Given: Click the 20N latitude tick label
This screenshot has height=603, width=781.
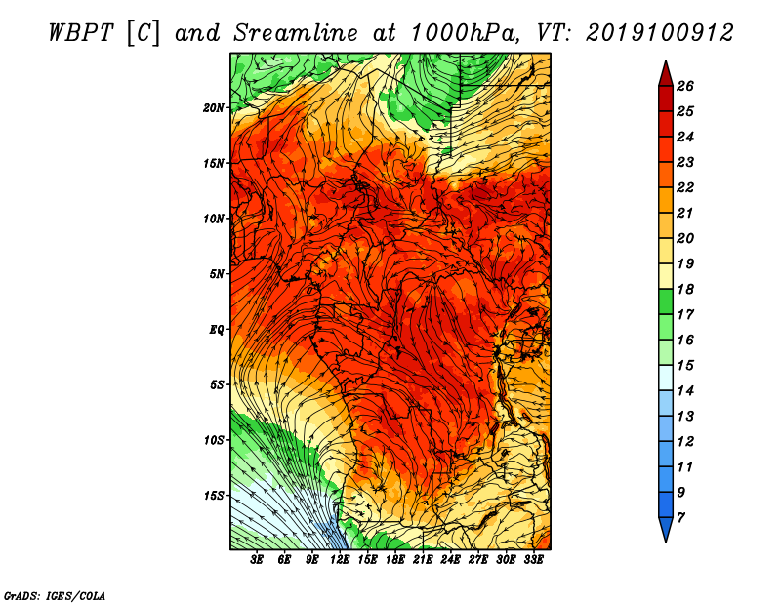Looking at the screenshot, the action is click(214, 108).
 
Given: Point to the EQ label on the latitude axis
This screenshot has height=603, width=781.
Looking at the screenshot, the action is click(216, 330).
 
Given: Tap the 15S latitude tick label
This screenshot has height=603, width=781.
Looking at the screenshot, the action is click(214, 496).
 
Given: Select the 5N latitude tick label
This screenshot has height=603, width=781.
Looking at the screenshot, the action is click(217, 274).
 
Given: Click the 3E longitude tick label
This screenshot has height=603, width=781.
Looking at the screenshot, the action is click(257, 560).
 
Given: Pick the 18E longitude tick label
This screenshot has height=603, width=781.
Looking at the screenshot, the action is click(395, 560).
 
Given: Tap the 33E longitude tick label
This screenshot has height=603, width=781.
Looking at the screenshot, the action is click(533, 560).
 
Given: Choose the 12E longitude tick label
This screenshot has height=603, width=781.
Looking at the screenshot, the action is click(340, 560).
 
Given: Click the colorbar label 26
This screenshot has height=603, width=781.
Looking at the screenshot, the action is click(685, 86).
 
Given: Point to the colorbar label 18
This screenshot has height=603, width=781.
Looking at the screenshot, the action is click(685, 289).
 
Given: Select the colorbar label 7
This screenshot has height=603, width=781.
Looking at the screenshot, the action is click(680, 518).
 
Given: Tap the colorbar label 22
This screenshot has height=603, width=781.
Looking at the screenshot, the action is click(685, 187).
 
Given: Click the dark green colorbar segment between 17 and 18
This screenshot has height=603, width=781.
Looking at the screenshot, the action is click(666, 301).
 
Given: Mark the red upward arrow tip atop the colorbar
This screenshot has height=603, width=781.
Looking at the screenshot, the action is click(666, 60).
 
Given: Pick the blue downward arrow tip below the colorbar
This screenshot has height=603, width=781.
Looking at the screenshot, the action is click(666, 543).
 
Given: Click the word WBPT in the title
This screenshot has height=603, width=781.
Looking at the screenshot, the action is click(82, 33).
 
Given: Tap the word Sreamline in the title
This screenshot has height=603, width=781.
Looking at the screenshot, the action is click(296, 33).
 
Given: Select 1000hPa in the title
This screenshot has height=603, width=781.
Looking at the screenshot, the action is click(462, 33).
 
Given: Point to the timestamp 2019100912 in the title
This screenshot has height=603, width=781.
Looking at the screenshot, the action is click(660, 33).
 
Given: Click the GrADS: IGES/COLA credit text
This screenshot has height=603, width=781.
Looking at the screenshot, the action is click(55, 595).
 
